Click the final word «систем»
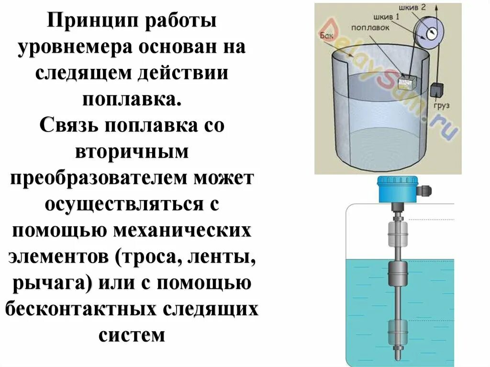pos(132,334)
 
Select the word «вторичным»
pos(132,152)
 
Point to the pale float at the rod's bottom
pos(398,331)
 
